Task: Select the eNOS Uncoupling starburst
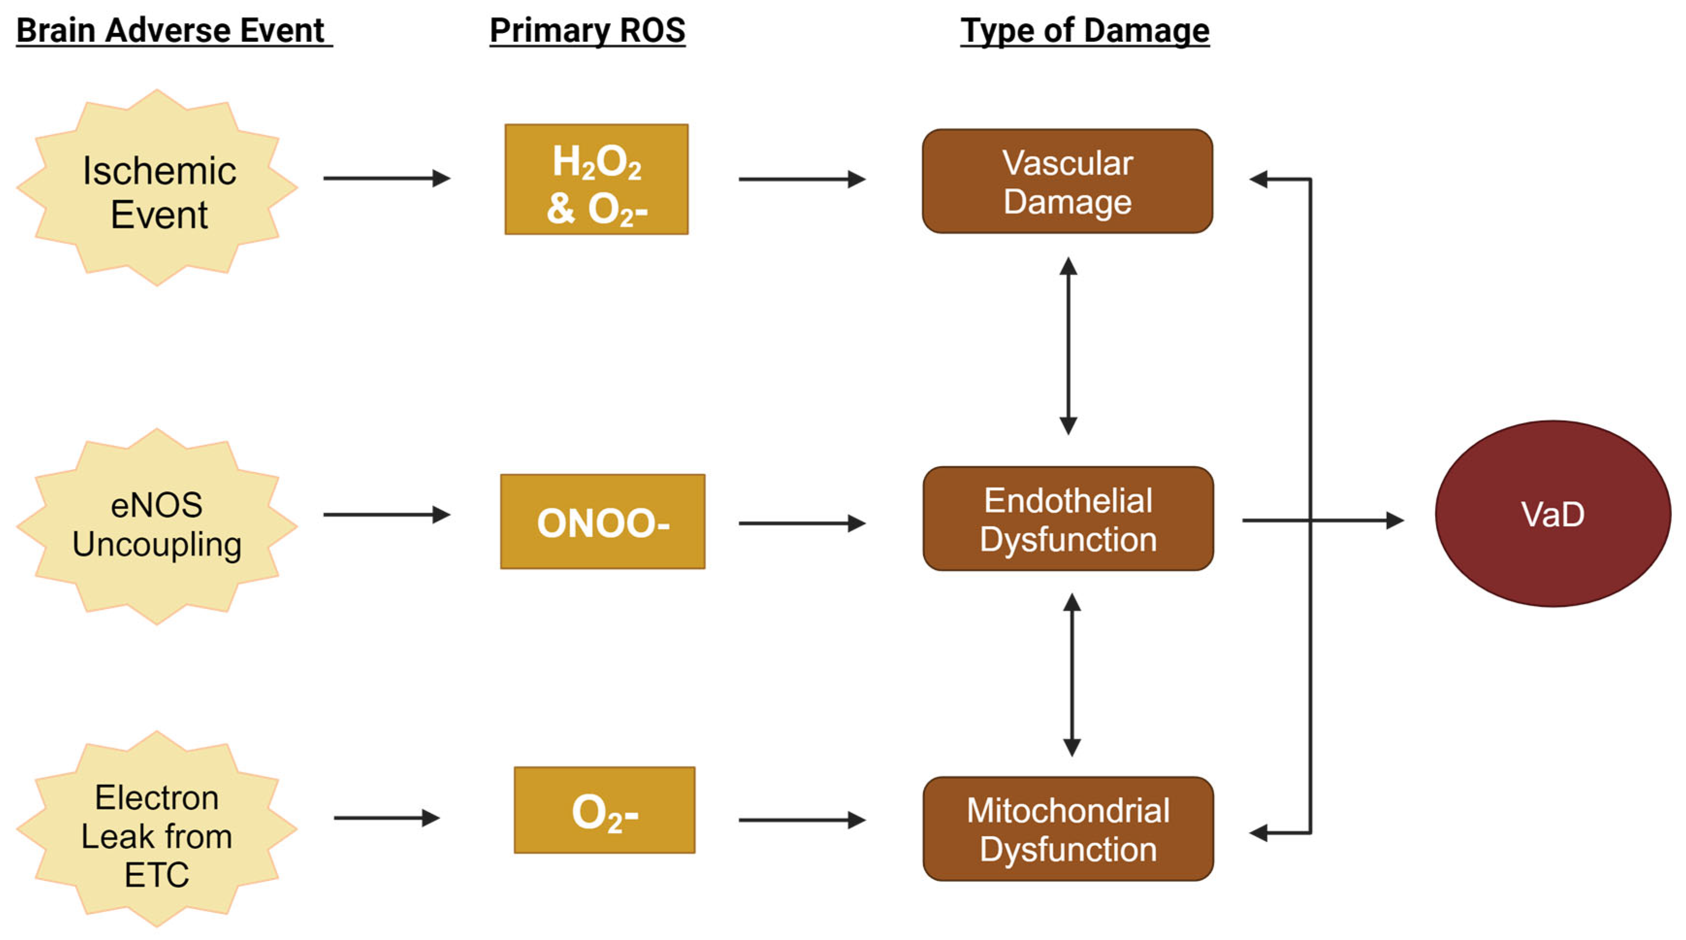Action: point(157,526)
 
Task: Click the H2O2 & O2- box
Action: point(596,179)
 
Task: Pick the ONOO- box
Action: point(602,522)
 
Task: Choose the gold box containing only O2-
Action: point(604,810)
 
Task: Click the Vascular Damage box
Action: point(1067,181)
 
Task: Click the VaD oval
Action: point(1553,514)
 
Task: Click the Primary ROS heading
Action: point(587,31)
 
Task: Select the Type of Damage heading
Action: point(1085,31)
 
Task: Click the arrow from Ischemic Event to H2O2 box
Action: point(386,178)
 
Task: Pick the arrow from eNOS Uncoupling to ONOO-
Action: point(386,515)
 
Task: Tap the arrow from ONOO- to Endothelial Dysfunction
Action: point(802,523)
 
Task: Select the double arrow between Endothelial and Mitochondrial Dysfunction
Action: point(1072,674)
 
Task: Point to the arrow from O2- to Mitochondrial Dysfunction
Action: point(802,820)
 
